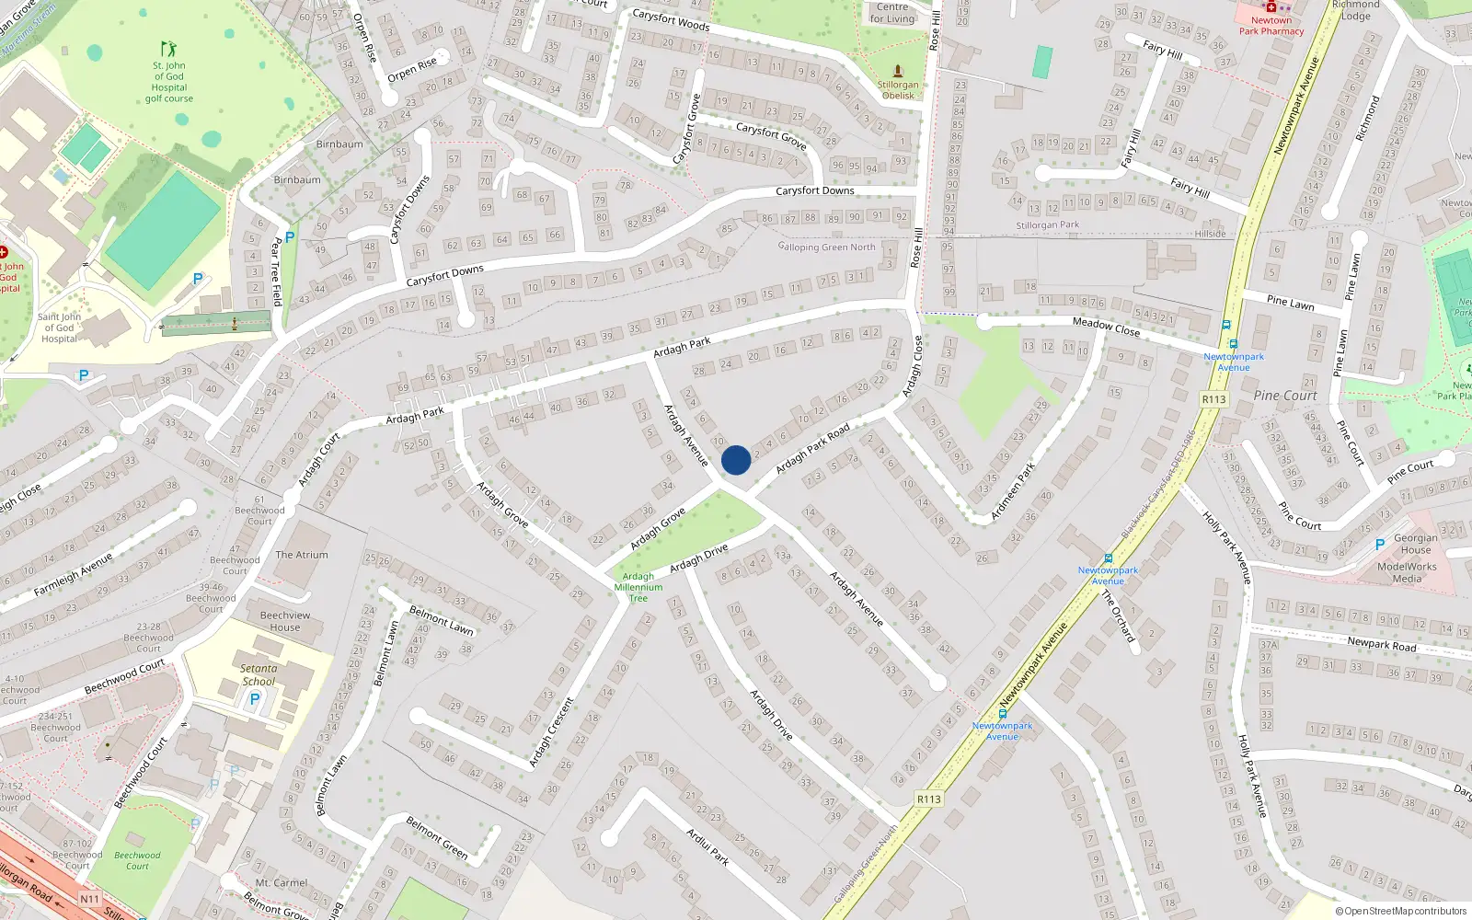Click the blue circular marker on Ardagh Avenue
click(735, 460)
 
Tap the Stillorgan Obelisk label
click(897, 90)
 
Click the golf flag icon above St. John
click(167, 48)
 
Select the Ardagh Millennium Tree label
click(638, 587)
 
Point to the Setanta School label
click(259, 674)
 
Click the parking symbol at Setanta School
click(255, 699)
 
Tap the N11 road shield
click(89, 899)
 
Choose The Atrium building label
click(301, 555)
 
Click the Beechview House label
click(284, 621)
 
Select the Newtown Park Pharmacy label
click(1271, 26)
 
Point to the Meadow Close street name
click(1106, 327)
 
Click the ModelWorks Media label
click(1406, 572)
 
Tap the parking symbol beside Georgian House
click(1379, 546)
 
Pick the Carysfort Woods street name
click(671, 19)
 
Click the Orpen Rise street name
click(412, 69)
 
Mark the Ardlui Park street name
click(707, 845)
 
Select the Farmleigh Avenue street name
click(73, 574)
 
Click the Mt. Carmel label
click(281, 882)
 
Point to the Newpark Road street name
click(1382, 644)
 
